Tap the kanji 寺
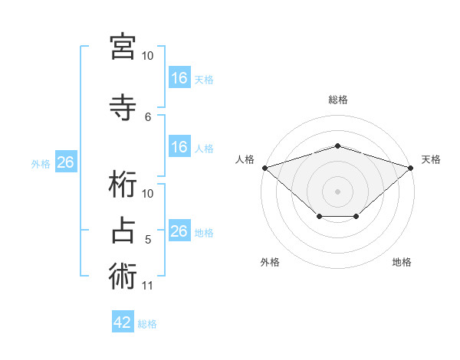tap(123, 108)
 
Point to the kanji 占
tap(123, 231)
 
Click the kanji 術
tap(123, 277)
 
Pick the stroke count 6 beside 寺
tap(149, 116)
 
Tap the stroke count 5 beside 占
tap(149, 240)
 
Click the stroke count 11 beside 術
tap(148, 286)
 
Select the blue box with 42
tap(123, 322)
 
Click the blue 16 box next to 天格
tap(179, 77)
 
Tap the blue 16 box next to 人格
tap(179, 147)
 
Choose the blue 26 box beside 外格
tap(65, 162)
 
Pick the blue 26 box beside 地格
tap(179, 231)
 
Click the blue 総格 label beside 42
tap(147, 324)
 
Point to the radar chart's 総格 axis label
tap(337, 100)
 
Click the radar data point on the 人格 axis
tap(264, 168)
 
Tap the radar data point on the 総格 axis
tap(337, 146)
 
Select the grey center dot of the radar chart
tap(337, 191)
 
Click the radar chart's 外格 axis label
tap(270, 262)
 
